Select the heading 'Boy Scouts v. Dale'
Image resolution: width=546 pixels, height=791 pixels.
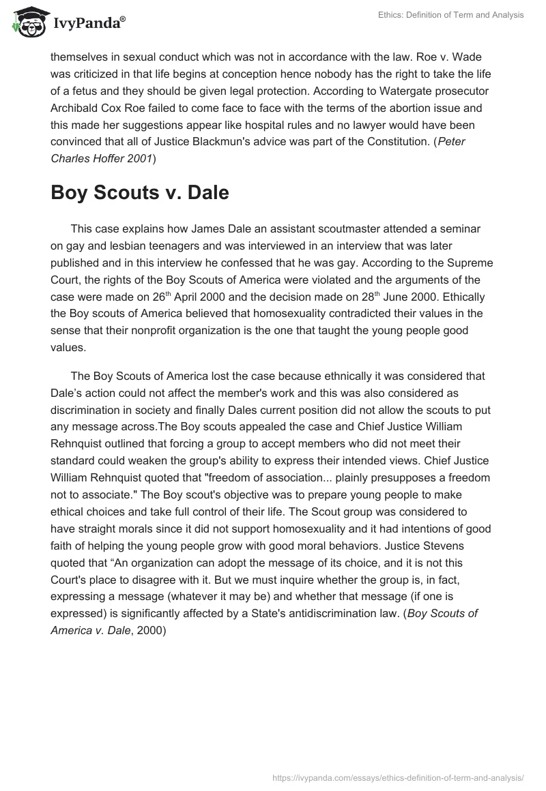(x=139, y=193)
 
